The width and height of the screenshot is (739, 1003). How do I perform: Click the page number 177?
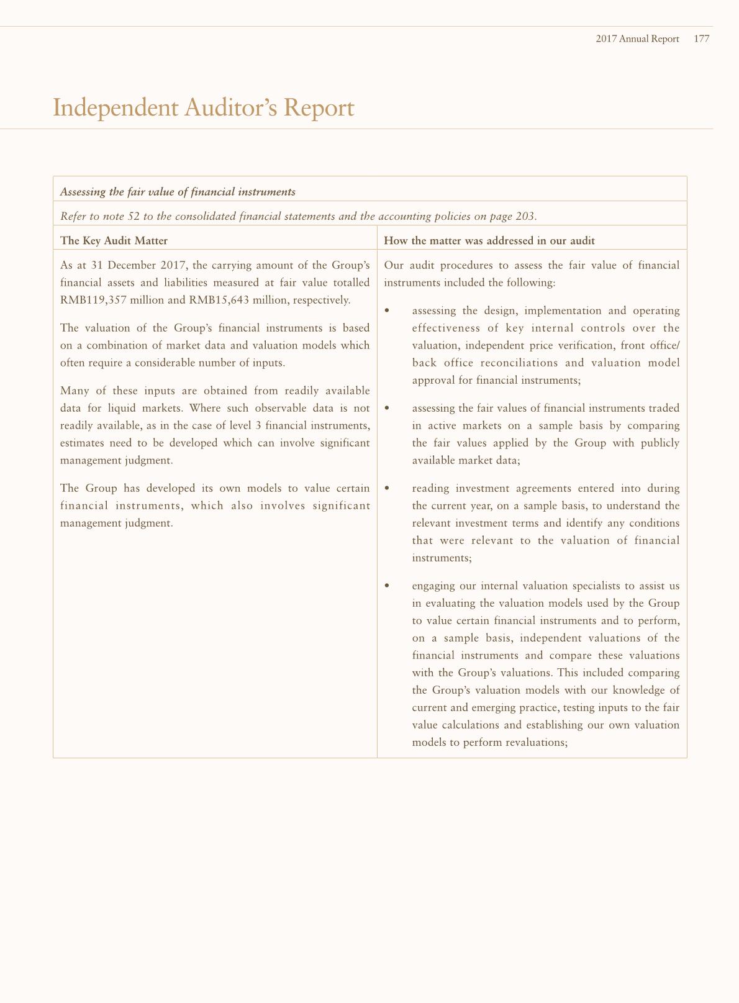(x=701, y=39)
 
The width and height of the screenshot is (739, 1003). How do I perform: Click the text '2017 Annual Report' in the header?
(x=637, y=39)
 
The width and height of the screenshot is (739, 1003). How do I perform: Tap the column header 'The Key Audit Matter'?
(x=114, y=240)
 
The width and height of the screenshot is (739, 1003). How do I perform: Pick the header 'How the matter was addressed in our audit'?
(x=489, y=240)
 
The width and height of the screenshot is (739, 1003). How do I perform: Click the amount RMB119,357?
(x=94, y=300)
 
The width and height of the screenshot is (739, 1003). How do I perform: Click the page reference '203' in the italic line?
(x=525, y=216)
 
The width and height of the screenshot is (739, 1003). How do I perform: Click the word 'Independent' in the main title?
(x=115, y=108)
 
